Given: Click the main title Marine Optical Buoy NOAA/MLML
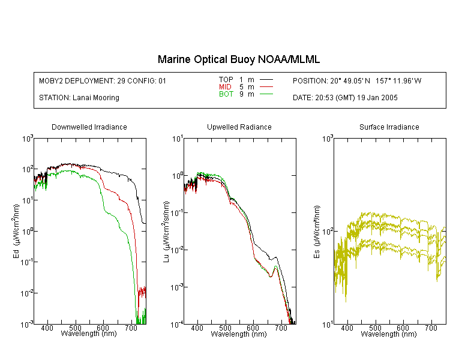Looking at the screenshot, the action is tap(238, 60).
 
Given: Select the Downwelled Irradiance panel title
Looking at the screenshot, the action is tap(89, 127).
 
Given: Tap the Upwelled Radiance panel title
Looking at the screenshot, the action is tap(239, 127).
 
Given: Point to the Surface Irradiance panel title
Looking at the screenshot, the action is tap(389, 127).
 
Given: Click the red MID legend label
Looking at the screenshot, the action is tap(225, 86).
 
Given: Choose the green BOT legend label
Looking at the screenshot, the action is tap(226, 94).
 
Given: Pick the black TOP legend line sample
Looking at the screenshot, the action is tap(266, 80).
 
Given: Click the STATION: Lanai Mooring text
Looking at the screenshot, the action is tap(79, 98).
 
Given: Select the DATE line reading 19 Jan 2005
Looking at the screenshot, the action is tap(345, 98).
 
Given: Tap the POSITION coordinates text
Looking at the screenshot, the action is tap(357, 80).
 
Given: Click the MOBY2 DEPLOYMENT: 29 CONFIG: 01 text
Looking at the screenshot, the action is tap(103, 80).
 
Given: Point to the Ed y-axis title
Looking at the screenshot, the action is tap(17, 232).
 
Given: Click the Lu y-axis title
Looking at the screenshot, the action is tap(166, 232).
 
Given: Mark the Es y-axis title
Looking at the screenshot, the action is tap(317, 232).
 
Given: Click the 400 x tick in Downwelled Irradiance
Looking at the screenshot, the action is tap(47, 328).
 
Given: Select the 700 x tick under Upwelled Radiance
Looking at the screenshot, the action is tap(281, 328).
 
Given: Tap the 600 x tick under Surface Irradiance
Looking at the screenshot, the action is tap(403, 328).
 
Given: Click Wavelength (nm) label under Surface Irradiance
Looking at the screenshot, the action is tap(389, 334).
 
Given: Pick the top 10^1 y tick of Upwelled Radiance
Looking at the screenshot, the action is tap(178, 139).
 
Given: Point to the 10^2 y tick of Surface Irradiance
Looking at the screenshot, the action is tap(327, 232).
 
